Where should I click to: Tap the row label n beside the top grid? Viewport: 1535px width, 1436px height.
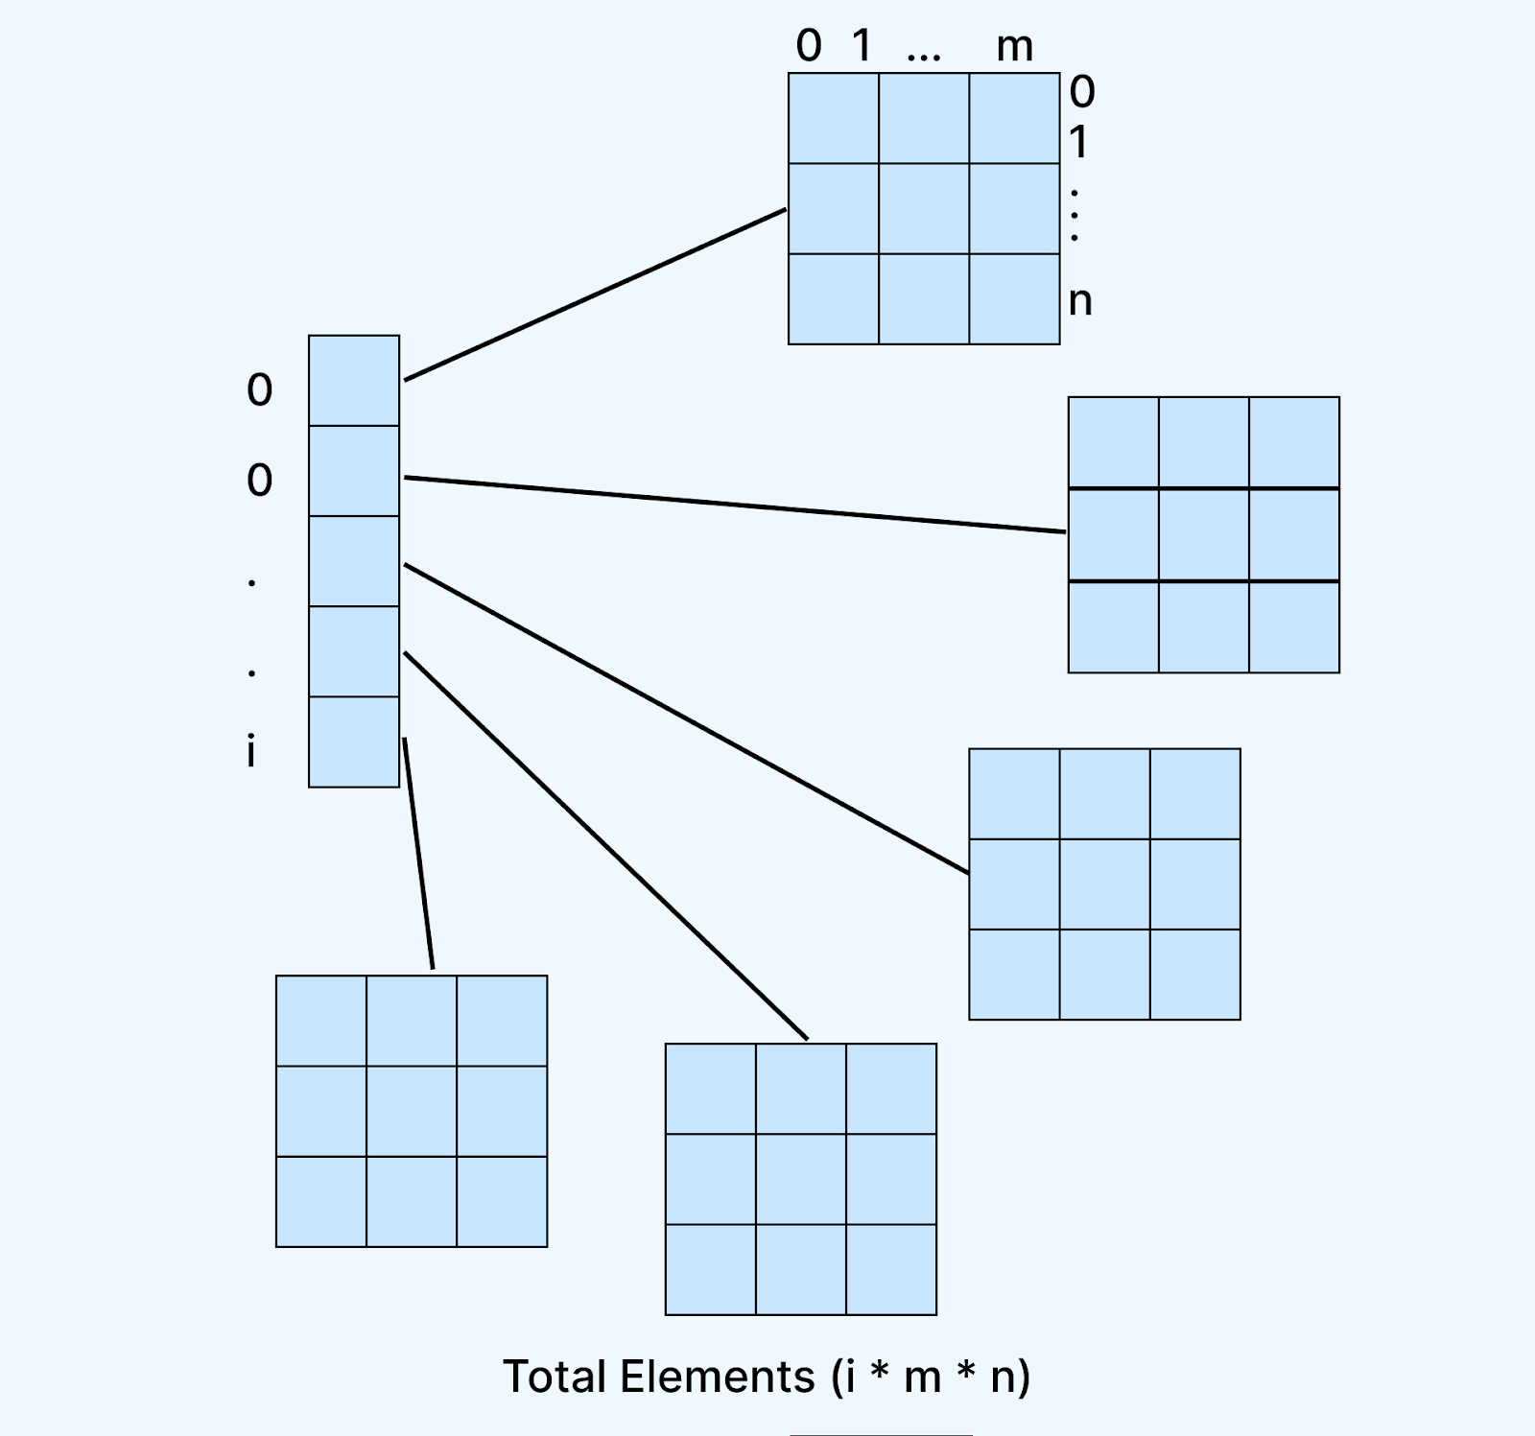(1080, 301)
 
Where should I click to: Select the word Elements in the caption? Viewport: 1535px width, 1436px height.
(717, 1377)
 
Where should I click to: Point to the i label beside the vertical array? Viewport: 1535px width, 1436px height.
(251, 751)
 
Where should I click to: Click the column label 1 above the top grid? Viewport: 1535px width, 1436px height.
(862, 46)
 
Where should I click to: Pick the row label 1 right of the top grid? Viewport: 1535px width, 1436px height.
(1079, 143)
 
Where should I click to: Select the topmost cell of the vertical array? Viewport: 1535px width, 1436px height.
(354, 381)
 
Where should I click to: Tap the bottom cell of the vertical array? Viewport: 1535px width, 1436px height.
(354, 742)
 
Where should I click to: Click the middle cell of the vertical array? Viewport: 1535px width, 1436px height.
(354, 561)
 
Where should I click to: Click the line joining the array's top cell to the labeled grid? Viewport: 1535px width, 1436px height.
(595, 294)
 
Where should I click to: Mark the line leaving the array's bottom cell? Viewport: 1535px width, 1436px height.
(418, 854)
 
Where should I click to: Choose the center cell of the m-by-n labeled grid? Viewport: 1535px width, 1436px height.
(924, 209)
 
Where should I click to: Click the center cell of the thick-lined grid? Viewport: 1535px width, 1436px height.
(1204, 535)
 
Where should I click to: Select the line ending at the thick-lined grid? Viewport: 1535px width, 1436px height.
(734, 505)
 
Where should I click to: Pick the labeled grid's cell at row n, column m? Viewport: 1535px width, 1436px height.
(1014, 299)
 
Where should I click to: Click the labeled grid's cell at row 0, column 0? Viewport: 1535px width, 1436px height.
(834, 119)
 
